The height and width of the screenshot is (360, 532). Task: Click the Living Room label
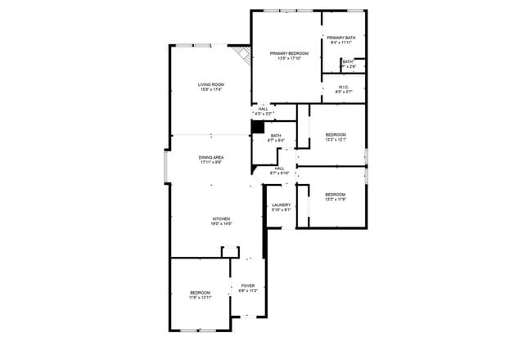(211, 84)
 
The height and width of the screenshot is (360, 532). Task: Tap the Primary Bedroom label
(289, 53)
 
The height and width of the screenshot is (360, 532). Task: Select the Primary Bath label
(340, 38)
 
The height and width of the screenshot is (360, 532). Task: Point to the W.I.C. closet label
(344, 87)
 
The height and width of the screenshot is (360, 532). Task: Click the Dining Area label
(211, 157)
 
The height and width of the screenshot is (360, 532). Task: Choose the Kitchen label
(221, 218)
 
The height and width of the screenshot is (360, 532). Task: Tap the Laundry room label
(282, 205)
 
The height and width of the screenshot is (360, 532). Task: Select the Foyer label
(247, 286)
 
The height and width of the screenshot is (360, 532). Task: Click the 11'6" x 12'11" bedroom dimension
(201, 298)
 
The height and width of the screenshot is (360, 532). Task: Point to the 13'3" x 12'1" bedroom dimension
(336, 139)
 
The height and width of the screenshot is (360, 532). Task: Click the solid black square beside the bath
(257, 128)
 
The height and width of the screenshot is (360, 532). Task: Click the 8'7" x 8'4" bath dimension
(276, 141)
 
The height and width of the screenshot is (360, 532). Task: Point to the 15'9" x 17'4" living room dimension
(211, 89)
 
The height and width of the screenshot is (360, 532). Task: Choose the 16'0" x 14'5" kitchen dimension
(221, 223)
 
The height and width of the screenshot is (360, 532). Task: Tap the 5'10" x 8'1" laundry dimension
(282, 209)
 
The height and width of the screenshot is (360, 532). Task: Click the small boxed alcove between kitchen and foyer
(229, 251)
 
